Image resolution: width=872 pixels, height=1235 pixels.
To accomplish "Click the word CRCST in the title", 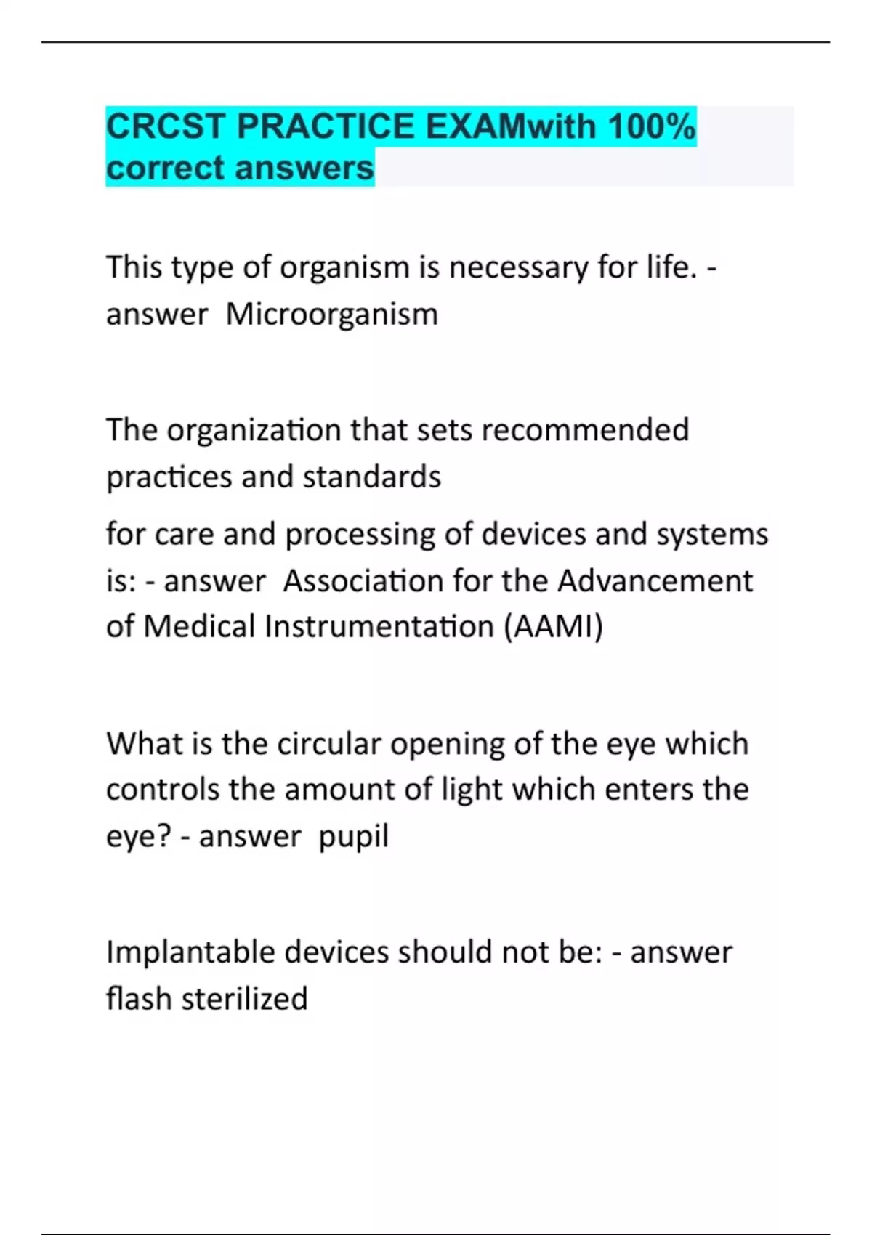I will click(166, 126).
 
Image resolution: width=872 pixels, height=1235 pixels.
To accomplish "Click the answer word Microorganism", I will click(332, 315).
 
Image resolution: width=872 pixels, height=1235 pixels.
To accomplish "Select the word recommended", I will click(585, 430).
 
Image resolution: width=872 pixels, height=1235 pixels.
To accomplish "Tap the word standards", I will click(371, 477).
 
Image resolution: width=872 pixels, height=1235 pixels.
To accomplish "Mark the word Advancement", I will click(655, 581).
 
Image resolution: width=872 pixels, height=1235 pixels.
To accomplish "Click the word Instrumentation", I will click(379, 627).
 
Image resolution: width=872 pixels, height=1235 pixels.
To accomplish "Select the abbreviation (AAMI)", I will click(553, 627).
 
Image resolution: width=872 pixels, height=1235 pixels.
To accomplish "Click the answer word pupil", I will click(354, 837).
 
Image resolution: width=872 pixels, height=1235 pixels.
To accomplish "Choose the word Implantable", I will click(190, 952).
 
